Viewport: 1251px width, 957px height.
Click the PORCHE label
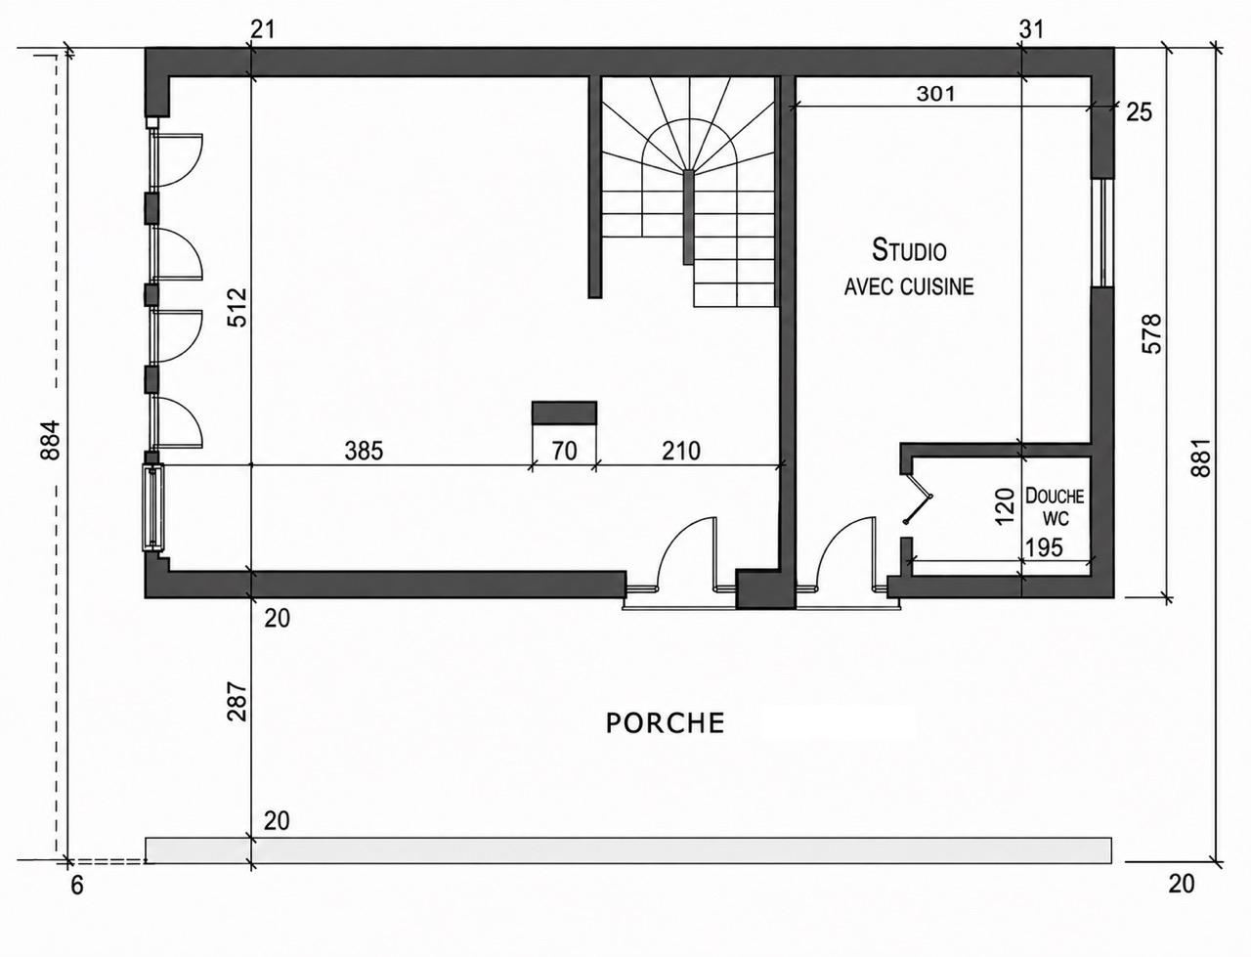[x=665, y=723]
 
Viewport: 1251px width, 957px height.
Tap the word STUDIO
[x=909, y=250]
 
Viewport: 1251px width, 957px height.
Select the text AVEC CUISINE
[x=909, y=286]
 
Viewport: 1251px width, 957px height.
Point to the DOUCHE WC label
[x=1055, y=506]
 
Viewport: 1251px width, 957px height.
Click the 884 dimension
[x=50, y=440]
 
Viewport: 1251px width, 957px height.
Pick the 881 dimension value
[x=1200, y=457]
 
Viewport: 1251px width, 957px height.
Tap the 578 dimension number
[x=1152, y=334]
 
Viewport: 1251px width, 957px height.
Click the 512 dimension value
[x=237, y=307]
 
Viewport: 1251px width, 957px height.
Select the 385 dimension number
[x=364, y=451]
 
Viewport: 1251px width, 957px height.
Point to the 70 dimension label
[x=564, y=451]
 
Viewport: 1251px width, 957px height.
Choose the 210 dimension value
[x=681, y=451]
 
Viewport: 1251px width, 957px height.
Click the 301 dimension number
[x=935, y=94]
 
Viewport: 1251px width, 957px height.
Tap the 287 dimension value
[x=237, y=701]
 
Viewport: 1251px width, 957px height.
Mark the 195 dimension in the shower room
[x=1044, y=547]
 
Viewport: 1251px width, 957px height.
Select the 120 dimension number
[x=1006, y=505]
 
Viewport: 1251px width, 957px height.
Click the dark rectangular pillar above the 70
[x=564, y=413]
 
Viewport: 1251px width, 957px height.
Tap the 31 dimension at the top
[x=1031, y=29]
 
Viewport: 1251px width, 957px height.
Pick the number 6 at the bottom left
[x=77, y=886]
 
